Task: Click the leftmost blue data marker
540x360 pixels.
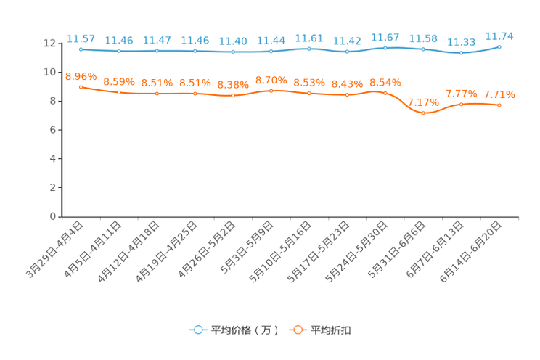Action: point(81,49)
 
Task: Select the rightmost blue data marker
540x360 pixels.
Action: point(499,46)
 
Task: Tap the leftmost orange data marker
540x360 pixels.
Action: point(81,86)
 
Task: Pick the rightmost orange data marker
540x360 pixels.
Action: point(499,105)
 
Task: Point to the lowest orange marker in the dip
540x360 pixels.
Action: point(423,113)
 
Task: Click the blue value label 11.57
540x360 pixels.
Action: point(81,37)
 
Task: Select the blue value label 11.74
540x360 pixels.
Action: point(499,35)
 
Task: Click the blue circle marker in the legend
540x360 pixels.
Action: point(197,330)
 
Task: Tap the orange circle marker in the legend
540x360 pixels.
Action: point(296,330)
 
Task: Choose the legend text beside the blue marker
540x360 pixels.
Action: point(243,330)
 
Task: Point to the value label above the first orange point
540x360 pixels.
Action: point(81,75)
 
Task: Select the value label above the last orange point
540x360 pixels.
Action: point(499,94)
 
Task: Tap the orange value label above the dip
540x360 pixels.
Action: point(423,102)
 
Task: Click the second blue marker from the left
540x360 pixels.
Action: point(118,52)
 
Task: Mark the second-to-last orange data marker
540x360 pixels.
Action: point(461,105)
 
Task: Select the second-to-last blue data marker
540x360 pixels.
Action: point(461,52)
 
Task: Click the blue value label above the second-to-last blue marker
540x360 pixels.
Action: point(461,42)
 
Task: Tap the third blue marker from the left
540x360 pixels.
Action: point(157,51)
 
